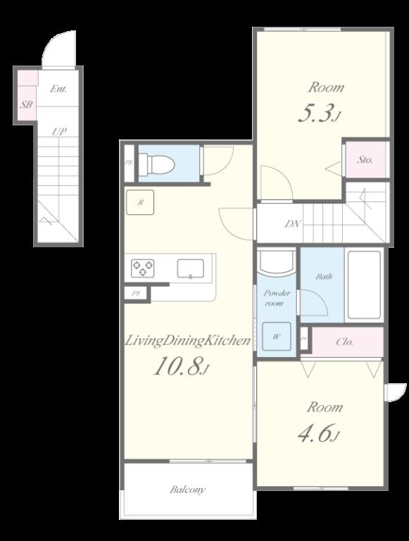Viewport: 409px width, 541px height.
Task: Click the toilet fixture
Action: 156,165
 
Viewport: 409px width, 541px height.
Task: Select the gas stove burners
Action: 143,268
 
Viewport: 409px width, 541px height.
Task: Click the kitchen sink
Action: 190,268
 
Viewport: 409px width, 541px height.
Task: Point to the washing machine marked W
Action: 276,336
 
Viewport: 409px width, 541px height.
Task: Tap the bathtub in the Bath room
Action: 363,285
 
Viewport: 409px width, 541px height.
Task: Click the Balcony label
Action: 187,490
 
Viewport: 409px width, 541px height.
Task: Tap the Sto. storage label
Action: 365,160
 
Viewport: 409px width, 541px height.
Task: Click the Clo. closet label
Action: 345,342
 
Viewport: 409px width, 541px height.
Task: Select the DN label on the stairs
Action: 293,225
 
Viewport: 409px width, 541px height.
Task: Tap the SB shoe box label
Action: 26,105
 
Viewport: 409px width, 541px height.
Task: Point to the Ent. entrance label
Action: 58,89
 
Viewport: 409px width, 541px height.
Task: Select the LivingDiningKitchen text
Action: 188,342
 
